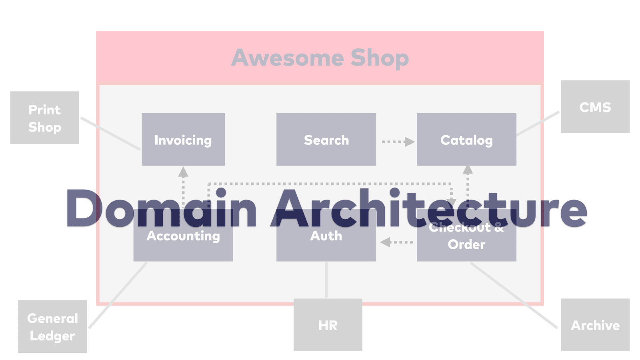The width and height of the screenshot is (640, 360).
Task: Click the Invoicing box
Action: pyautogui.click(x=183, y=140)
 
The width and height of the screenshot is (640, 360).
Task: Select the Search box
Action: pyautogui.click(x=326, y=140)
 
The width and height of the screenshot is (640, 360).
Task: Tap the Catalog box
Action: pyautogui.click(x=466, y=140)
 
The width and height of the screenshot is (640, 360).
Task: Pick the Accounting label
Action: pyautogui.click(x=183, y=236)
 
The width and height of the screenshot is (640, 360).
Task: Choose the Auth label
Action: pyautogui.click(x=326, y=236)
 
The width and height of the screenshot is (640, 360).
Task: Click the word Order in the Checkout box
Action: pyautogui.click(x=466, y=244)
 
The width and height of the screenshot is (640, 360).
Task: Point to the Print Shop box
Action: pyautogui.click(x=44, y=118)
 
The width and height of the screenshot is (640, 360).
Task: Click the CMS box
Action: pyautogui.click(x=595, y=107)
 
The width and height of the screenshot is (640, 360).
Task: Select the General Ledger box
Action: pyautogui.click(x=52, y=326)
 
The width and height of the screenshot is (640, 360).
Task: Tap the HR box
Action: pyautogui.click(x=328, y=325)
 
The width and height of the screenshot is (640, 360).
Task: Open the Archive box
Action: pyautogui.click(x=595, y=325)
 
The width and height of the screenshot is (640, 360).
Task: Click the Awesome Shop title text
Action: pyautogui.click(x=320, y=58)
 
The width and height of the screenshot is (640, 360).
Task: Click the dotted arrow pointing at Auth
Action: pyautogui.click(x=396, y=242)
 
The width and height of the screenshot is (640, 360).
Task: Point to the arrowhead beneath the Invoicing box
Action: pyautogui.click(x=183, y=172)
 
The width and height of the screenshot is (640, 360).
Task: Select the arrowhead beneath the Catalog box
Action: pyautogui.click(x=468, y=170)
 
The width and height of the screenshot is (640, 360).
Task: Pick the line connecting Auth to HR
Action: pyautogui.click(x=326, y=280)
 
